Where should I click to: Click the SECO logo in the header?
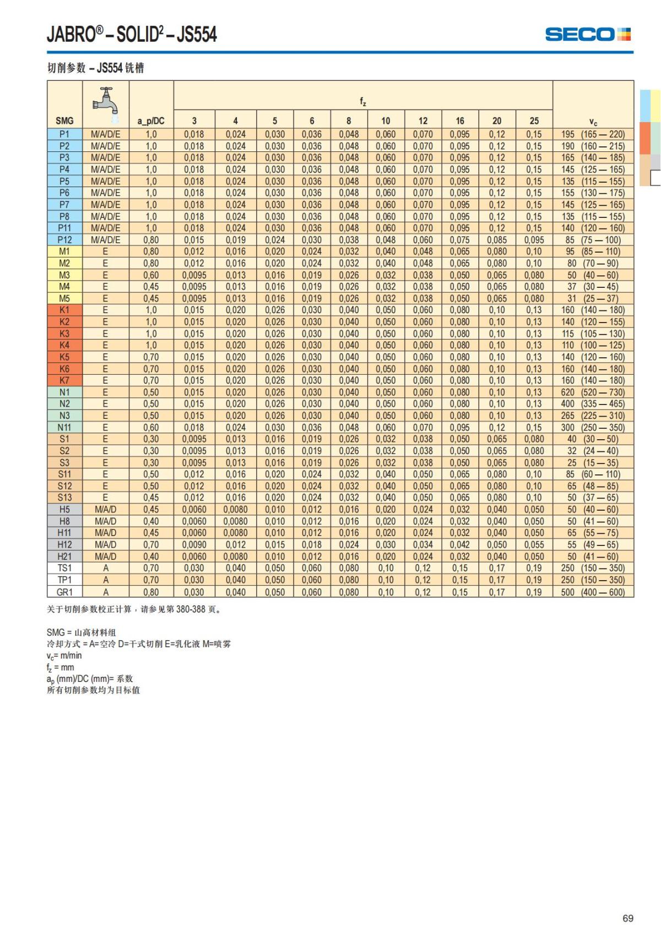(x=588, y=34)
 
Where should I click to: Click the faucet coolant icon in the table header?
(x=106, y=103)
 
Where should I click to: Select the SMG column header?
(x=64, y=121)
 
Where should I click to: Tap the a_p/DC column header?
(x=151, y=121)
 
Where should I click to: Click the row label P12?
(x=64, y=240)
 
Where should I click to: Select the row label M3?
(x=64, y=275)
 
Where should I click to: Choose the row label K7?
(x=64, y=380)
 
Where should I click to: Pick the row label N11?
(x=64, y=427)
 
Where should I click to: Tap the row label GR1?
(x=64, y=592)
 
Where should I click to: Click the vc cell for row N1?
(x=593, y=392)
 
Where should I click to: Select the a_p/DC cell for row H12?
(x=151, y=544)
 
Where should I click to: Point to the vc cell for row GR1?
(x=593, y=592)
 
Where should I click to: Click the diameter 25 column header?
(x=534, y=121)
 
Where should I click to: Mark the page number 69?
(x=628, y=918)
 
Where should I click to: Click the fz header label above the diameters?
(x=363, y=101)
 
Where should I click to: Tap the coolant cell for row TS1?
(x=106, y=568)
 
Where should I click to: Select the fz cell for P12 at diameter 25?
(x=534, y=240)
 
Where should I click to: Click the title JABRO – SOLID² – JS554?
(x=132, y=34)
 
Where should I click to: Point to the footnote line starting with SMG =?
(x=82, y=632)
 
